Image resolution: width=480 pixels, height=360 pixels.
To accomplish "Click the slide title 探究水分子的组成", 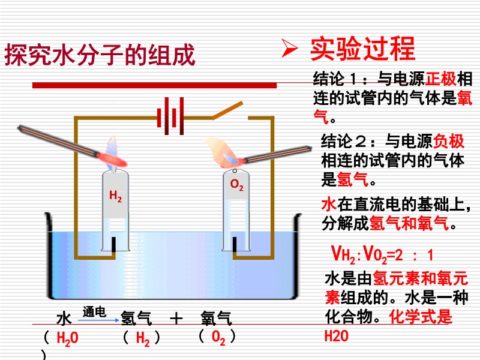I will tap(100, 55).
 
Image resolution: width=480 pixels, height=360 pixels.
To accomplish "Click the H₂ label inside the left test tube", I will tap(115, 196).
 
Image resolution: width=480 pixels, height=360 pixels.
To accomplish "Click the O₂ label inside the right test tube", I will tap(237, 185).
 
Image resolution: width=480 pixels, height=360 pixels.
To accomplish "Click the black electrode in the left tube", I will tap(113, 244).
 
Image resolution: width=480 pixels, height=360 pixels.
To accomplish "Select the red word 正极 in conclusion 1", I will tap(441, 79).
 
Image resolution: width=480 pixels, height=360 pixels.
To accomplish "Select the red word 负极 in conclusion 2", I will tap(449, 142).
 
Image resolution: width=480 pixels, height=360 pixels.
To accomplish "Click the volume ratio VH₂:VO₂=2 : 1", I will tap(383, 255).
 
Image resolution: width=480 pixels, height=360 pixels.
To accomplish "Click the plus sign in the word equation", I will tap(175, 318).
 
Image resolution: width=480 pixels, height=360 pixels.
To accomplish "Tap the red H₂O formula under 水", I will tap(67, 339).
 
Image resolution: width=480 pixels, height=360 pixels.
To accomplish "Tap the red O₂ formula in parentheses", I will tap(218, 338).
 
